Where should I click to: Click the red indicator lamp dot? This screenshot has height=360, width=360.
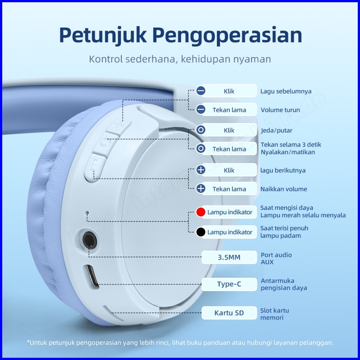click(x=201, y=212)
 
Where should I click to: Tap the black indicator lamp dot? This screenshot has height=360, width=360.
click(x=201, y=232)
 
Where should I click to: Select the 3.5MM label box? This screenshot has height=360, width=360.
click(x=229, y=257)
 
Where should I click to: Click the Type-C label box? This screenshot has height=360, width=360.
click(x=229, y=284)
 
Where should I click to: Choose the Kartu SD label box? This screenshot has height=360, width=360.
click(x=229, y=313)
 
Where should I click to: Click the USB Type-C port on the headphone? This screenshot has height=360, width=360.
click(x=92, y=278)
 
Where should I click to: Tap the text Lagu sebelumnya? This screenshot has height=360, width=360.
click(x=286, y=91)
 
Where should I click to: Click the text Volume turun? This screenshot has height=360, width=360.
click(x=280, y=110)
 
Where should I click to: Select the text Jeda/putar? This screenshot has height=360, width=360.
click(x=276, y=130)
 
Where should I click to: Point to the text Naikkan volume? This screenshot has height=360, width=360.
click(x=284, y=189)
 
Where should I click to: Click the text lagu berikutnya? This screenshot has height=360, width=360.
click(x=283, y=170)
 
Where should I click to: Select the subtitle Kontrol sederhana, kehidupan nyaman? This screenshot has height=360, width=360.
click(x=180, y=59)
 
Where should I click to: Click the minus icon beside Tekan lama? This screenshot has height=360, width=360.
click(x=201, y=110)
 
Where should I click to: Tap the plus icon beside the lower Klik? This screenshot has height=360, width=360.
click(x=201, y=170)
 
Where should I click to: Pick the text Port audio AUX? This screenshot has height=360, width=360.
click(x=276, y=258)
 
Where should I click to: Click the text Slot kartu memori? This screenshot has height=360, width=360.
click(x=275, y=314)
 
